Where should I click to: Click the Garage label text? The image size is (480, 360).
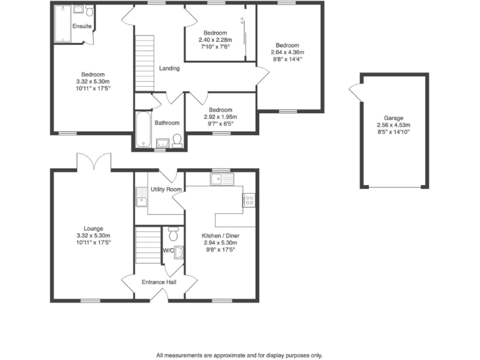coord(394,117)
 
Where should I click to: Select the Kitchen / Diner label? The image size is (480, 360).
coord(221,236)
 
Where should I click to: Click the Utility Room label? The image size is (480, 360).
coord(166,189)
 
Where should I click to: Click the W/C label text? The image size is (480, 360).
coord(167,251)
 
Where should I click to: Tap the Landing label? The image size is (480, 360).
coord(169,68)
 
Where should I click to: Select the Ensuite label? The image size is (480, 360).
coord(82,26)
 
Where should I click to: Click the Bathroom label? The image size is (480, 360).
coord(167,123)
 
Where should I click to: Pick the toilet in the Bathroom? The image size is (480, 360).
coord(177,141)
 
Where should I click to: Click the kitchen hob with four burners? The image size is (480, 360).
coord(248,200)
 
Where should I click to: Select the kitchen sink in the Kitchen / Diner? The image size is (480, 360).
coord(221,180)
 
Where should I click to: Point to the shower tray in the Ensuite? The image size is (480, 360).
coord(62,23)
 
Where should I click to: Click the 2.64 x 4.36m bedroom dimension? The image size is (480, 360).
coord(288,52)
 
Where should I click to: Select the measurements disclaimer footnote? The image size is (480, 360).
coord(239,354)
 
